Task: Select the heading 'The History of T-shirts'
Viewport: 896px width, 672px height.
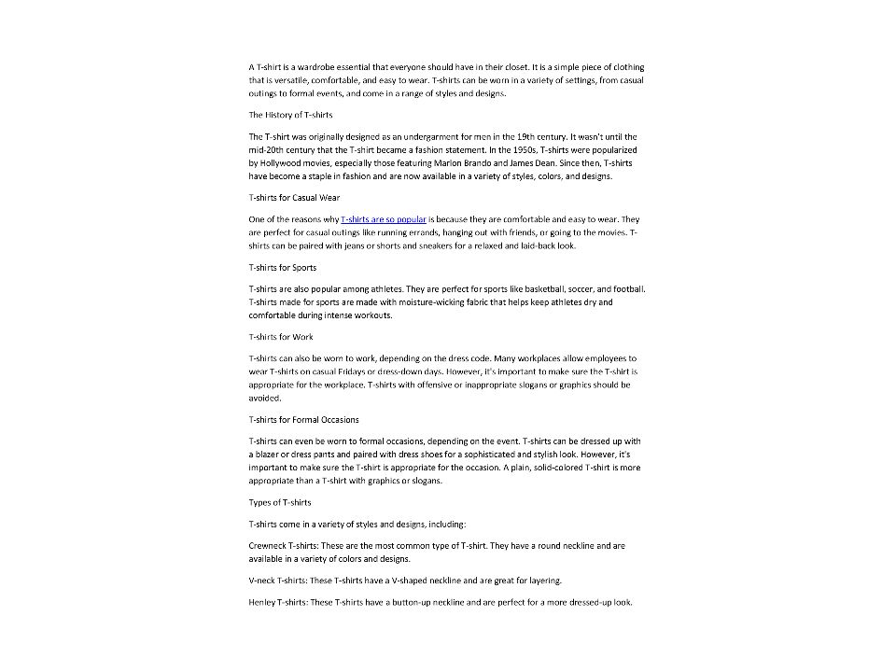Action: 290,115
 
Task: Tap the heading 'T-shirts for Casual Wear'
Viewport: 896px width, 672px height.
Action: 294,198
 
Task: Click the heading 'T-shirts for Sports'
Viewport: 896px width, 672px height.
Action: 283,268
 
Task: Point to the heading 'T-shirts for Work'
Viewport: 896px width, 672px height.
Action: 281,337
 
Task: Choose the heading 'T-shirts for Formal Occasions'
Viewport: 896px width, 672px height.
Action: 303,419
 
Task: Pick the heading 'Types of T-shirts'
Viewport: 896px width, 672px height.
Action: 280,502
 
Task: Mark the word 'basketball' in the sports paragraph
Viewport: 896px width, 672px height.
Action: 510,289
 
